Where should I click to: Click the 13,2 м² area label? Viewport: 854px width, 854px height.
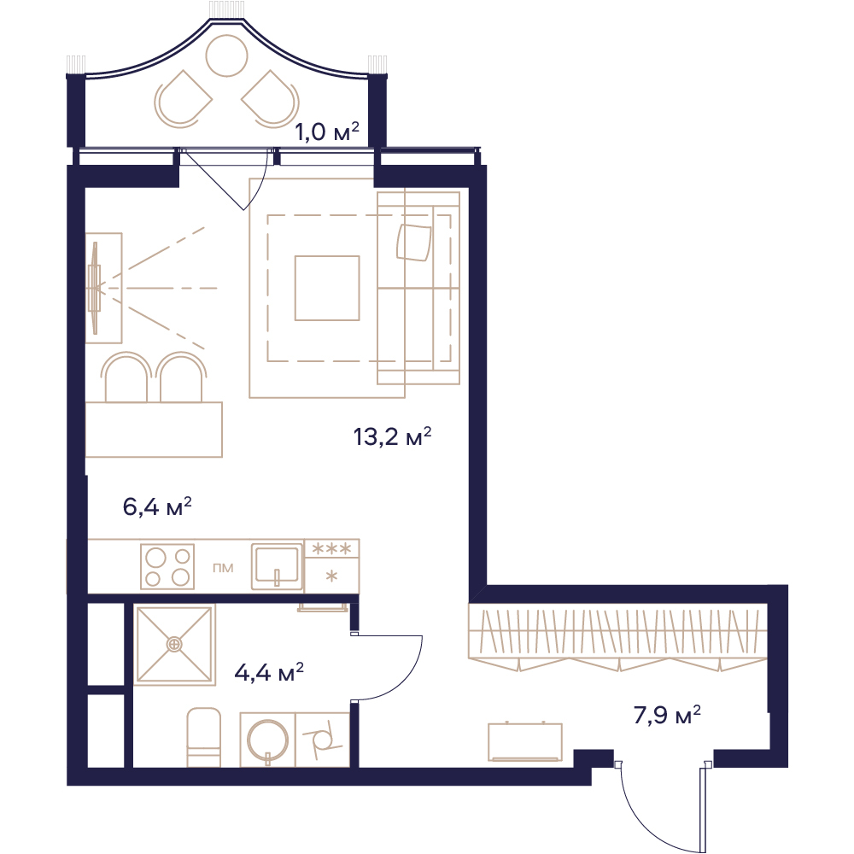(x=392, y=436)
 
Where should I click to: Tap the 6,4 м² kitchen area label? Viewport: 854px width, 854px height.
(x=157, y=506)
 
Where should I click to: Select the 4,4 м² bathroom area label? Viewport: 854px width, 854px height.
(x=268, y=673)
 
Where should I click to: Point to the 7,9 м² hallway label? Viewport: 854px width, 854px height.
(x=667, y=715)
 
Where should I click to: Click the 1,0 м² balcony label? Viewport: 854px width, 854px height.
(x=327, y=132)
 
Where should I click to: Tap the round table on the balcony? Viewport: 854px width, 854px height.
(x=226, y=56)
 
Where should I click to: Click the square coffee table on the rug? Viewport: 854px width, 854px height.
(x=327, y=288)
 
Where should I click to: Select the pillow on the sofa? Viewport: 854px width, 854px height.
(x=414, y=243)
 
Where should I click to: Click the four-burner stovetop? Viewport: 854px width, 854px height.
(x=167, y=567)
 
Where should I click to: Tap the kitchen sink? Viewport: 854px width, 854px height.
(x=277, y=566)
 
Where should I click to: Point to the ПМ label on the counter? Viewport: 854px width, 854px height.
(x=223, y=568)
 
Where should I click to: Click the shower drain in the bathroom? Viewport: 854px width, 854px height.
(x=173, y=644)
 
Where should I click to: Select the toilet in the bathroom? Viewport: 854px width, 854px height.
(x=204, y=737)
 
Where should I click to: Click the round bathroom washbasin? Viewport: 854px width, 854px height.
(x=267, y=740)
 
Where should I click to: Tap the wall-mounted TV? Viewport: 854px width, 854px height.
(x=96, y=288)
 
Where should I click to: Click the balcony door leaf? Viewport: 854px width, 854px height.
(x=212, y=179)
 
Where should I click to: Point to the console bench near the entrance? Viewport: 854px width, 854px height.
(x=525, y=741)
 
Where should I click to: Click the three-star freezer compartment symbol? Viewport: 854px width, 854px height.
(x=331, y=548)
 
